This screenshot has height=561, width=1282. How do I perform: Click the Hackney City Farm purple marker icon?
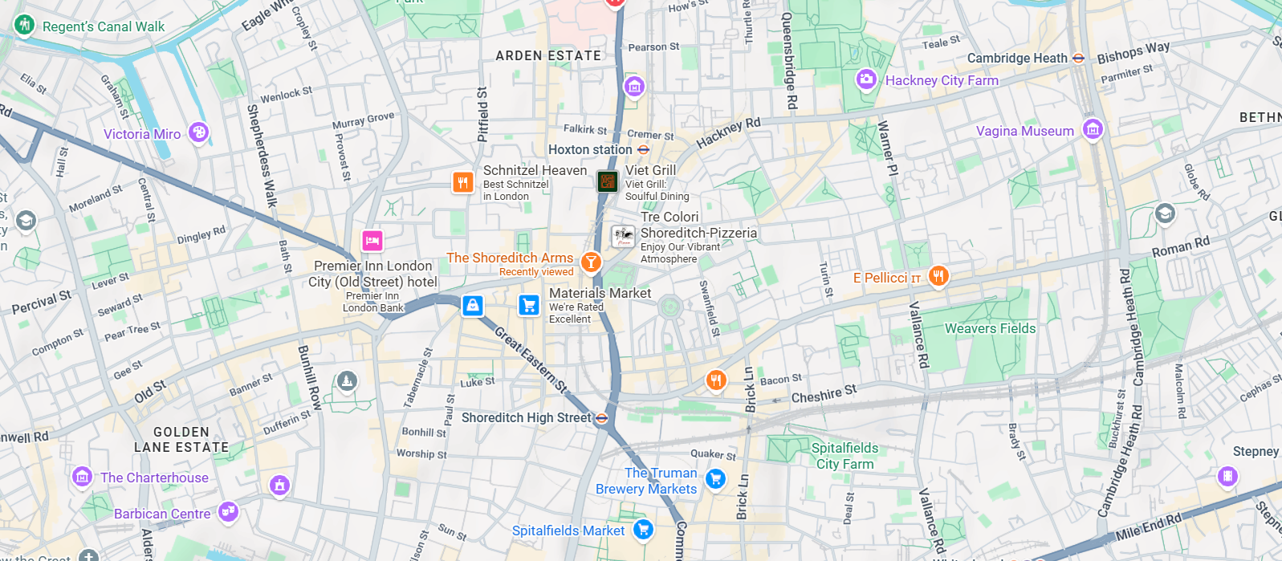pos(865,79)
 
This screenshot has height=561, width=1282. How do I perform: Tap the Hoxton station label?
pos(590,149)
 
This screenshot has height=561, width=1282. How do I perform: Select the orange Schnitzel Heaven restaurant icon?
pos(462,183)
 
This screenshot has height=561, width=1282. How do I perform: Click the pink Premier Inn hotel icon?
pos(372,240)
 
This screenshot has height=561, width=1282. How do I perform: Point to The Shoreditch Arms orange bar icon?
pos(591,261)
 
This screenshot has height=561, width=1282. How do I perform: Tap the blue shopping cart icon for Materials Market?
pos(528,305)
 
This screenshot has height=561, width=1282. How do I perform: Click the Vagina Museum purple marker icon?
pos(1092,128)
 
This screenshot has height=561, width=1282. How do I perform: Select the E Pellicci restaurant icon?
pos(938,276)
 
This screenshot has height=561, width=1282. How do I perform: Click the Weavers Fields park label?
pos(989,328)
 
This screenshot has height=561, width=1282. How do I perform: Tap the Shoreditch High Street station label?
pos(526,417)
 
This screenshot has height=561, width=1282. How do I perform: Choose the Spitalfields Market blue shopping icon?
pos(642,529)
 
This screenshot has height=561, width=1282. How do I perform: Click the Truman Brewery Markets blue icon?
pos(714,479)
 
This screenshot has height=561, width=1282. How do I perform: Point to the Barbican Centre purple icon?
pos(228,510)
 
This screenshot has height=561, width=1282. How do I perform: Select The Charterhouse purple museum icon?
pos(82,477)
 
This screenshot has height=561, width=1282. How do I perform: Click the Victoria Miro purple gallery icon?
pos(198,132)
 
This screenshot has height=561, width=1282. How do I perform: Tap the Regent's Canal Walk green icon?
pos(24,25)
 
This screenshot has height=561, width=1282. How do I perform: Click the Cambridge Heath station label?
pos(1016,58)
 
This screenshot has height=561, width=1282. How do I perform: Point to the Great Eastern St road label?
pos(531,360)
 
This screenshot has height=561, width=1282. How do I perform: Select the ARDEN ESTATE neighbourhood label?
pos(547,55)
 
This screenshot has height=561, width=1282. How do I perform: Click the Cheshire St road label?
pos(824,394)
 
